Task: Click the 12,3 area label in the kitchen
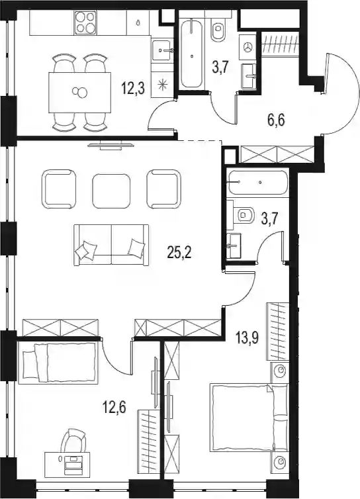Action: pos(133,88)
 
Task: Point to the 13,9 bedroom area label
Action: pos(247,338)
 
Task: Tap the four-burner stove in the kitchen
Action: pos(85,23)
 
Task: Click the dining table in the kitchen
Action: pos(79,92)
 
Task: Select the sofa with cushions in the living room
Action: pos(111,245)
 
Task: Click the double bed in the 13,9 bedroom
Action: pos(249,418)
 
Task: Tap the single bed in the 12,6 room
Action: pos(58,363)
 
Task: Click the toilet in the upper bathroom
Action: pos(218,28)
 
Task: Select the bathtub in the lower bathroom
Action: pos(258,183)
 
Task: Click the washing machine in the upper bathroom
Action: pos(248,47)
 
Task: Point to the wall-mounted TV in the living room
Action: pos(111,146)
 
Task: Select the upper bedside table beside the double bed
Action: pos(280,372)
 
